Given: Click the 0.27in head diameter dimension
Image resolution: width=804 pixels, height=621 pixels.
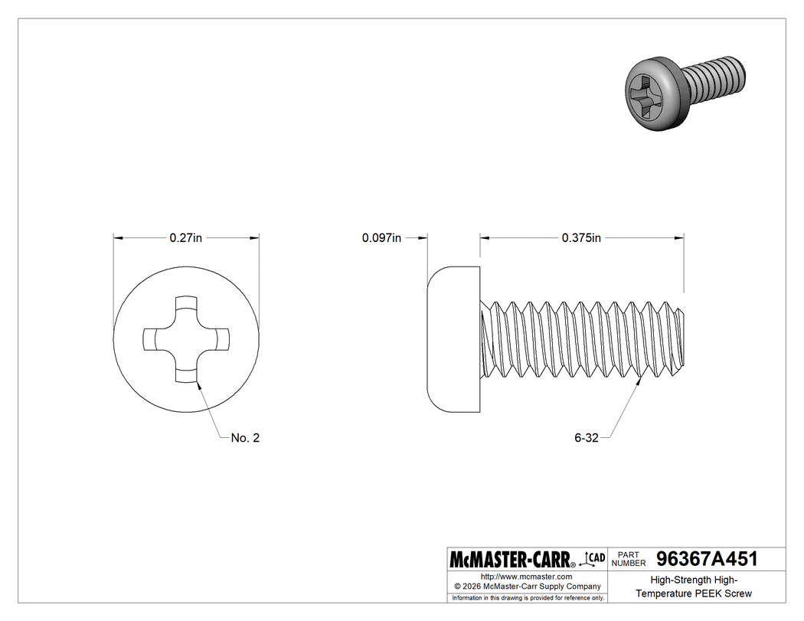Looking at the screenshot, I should pos(186,238).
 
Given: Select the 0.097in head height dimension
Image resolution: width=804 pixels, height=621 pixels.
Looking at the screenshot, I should pos(381,238).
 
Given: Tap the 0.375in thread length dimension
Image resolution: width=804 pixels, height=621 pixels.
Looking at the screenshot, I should pos(581,238).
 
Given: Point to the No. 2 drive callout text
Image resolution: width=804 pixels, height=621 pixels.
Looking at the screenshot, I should pos(245,438).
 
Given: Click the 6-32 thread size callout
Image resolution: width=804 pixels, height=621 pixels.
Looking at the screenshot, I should pos(586,438).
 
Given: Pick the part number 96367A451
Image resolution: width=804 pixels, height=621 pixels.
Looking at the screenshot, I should pos(708,559).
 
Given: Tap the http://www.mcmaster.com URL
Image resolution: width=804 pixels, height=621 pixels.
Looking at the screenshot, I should pos(526,576).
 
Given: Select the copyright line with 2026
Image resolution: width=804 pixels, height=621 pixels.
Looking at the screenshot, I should pos(526,586).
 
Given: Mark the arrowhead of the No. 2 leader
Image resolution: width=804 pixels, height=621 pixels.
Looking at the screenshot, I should pos(199,385).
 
